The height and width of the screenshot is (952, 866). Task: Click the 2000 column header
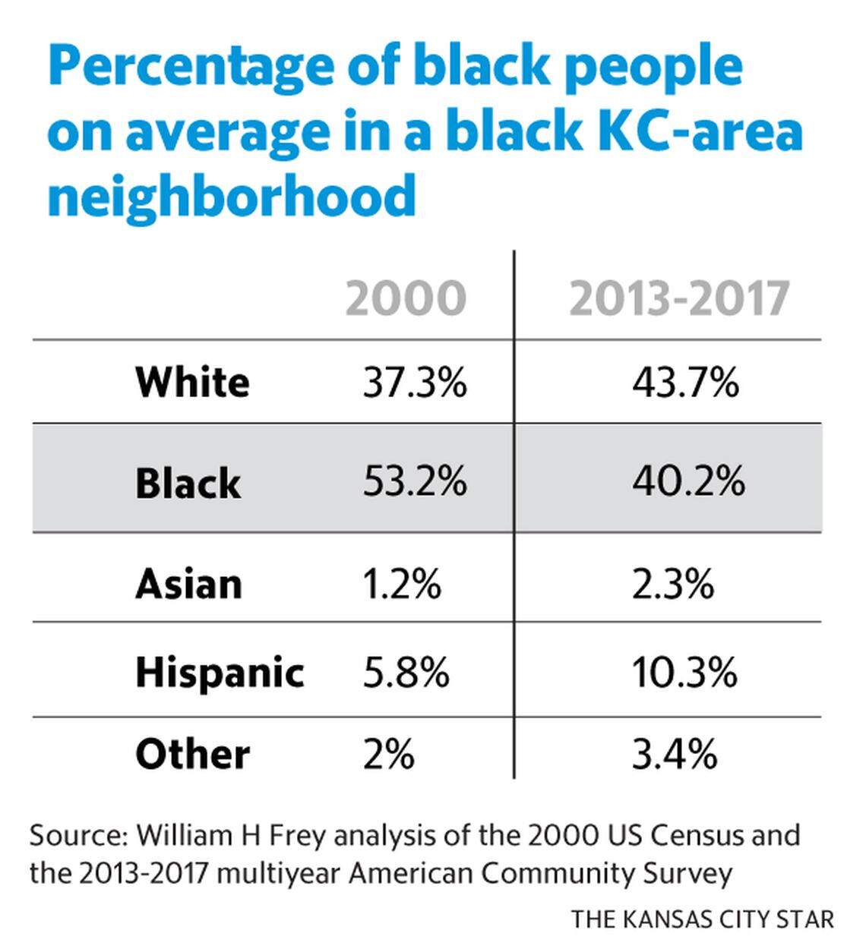pyautogui.click(x=406, y=298)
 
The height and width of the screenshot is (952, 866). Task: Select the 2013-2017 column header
pyautogui.click(x=679, y=298)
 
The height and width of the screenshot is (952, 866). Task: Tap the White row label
pyautogui.click(x=192, y=382)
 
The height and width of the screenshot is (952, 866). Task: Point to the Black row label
pyautogui.click(x=188, y=483)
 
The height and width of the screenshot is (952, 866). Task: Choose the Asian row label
pyautogui.click(x=188, y=585)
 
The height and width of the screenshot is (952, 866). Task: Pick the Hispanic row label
pyautogui.click(x=220, y=673)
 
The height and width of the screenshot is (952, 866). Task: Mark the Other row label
pyautogui.click(x=192, y=755)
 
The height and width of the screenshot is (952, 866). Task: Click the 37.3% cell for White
pyautogui.click(x=414, y=382)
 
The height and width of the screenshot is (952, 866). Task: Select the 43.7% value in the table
pyautogui.click(x=684, y=382)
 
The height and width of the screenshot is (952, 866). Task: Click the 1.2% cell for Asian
pyautogui.click(x=401, y=585)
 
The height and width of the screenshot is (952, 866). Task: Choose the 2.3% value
pyautogui.click(x=672, y=585)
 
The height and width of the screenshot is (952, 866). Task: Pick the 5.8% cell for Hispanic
pyautogui.click(x=406, y=673)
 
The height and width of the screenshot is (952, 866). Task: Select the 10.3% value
pyautogui.click(x=684, y=673)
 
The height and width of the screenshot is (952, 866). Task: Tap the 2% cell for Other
pyautogui.click(x=388, y=755)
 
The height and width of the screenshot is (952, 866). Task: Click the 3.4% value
pyautogui.click(x=674, y=755)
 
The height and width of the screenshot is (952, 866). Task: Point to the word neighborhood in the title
pyautogui.click(x=232, y=196)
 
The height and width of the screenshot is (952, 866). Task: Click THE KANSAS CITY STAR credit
pyautogui.click(x=702, y=919)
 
